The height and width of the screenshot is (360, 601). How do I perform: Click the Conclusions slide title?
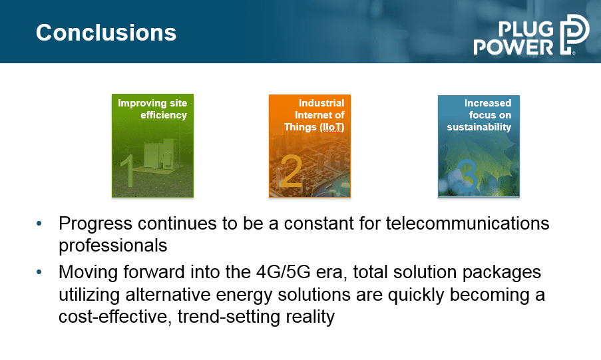[x=106, y=33]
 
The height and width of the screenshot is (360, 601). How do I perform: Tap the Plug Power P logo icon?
[x=574, y=35]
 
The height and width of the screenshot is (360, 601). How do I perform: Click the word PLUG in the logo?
[x=526, y=29]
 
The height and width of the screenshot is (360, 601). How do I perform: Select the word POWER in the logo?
[x=514, y=47]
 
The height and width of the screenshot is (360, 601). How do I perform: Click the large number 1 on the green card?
[x=127, y=170]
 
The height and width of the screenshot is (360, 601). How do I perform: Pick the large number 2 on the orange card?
[x=292, y=171]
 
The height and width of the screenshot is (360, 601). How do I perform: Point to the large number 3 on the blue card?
[x=467, y=176]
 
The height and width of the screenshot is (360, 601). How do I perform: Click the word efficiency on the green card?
[x=164, y=115]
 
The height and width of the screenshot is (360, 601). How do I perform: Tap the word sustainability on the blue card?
[x=479, y=127]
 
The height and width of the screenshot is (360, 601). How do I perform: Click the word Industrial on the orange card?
[x=321, y=103]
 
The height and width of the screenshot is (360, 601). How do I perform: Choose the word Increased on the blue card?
[x=488, y=103]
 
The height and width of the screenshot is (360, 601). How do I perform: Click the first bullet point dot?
[x=39, y=224]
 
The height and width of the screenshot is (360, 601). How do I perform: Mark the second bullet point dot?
[x=39, y=272]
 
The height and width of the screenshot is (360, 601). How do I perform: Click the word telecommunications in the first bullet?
[x=468, y=223]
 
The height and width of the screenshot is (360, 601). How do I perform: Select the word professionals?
[x=113, y=246]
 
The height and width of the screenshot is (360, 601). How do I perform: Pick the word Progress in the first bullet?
[x=95, y=224]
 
